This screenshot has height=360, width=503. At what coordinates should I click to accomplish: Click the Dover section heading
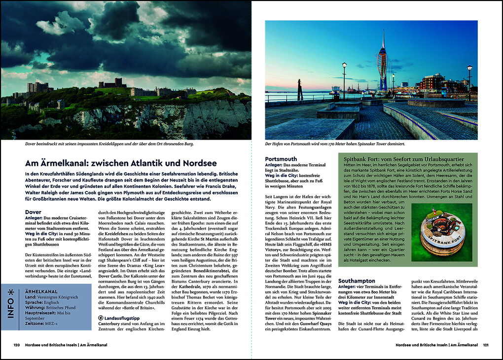click(x=33, y=212)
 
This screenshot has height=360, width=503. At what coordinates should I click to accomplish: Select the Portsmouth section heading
click(x=281, y=159)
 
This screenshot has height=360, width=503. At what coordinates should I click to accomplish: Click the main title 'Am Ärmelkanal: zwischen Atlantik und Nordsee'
click(x=121, y=163)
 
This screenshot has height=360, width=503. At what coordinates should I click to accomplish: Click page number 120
click(x=16, y=345)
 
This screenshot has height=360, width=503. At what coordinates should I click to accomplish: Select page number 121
click(x=486, y=345)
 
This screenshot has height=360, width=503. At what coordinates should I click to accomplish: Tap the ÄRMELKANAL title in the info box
click(x=39, y=291)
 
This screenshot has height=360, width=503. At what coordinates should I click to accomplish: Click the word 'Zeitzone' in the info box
click(x=35, y=324)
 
